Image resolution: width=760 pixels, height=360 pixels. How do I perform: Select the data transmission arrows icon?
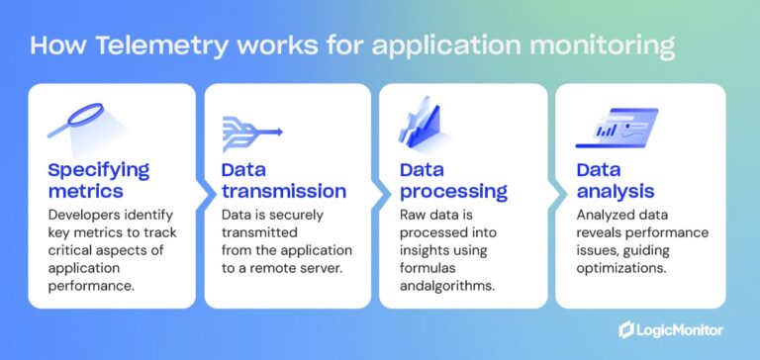254,129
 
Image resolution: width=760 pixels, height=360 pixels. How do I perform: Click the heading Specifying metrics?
99,179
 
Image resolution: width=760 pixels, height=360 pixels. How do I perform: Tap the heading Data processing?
453,179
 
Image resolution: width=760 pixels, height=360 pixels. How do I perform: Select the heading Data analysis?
618,179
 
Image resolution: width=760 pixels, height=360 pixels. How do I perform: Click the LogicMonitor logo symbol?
626,329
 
